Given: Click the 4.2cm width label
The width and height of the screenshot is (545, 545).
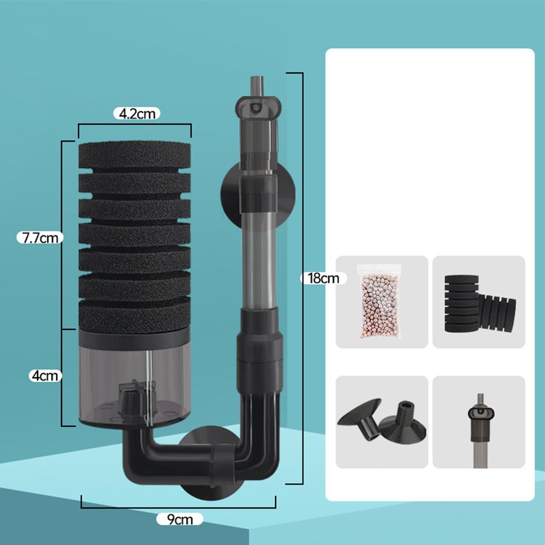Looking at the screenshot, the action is [x=137, y=114].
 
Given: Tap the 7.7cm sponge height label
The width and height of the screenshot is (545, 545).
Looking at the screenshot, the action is [x=40, y=238].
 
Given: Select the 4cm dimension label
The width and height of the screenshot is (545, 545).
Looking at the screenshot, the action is [x=45, y=376].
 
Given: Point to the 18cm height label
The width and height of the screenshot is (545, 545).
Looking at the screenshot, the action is [x=323, y=278].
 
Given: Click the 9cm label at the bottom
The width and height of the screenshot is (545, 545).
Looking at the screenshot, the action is [x=180, y=519].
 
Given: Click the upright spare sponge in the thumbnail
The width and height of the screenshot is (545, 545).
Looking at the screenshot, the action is [x=462, y=303].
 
